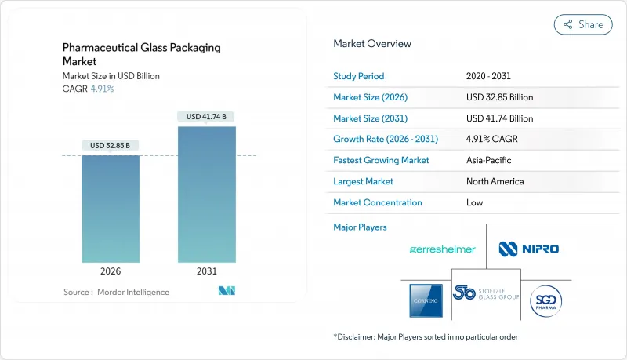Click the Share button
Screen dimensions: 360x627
(x=583, y=24)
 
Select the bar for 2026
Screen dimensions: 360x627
(x=111, y=208)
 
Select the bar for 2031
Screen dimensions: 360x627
(x=207, y=194)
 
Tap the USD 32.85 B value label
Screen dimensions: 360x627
(x=111, y=145)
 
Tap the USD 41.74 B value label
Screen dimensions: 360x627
(x=207, y=117)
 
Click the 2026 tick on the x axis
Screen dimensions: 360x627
(x=111, y=271)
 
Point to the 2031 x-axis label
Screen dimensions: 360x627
(x=207, y=271)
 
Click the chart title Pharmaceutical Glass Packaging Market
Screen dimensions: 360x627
(x=141, y=53)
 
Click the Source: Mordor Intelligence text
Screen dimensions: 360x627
(x=116, y=292)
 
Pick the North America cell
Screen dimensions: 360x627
(x=495, y=181)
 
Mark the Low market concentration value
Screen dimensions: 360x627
(x=474, y=202)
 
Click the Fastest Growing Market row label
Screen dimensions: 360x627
(x=381, y=160)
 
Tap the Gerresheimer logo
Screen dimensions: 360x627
(x=443, y=249)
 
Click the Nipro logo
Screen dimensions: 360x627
(x=529, y=249)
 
